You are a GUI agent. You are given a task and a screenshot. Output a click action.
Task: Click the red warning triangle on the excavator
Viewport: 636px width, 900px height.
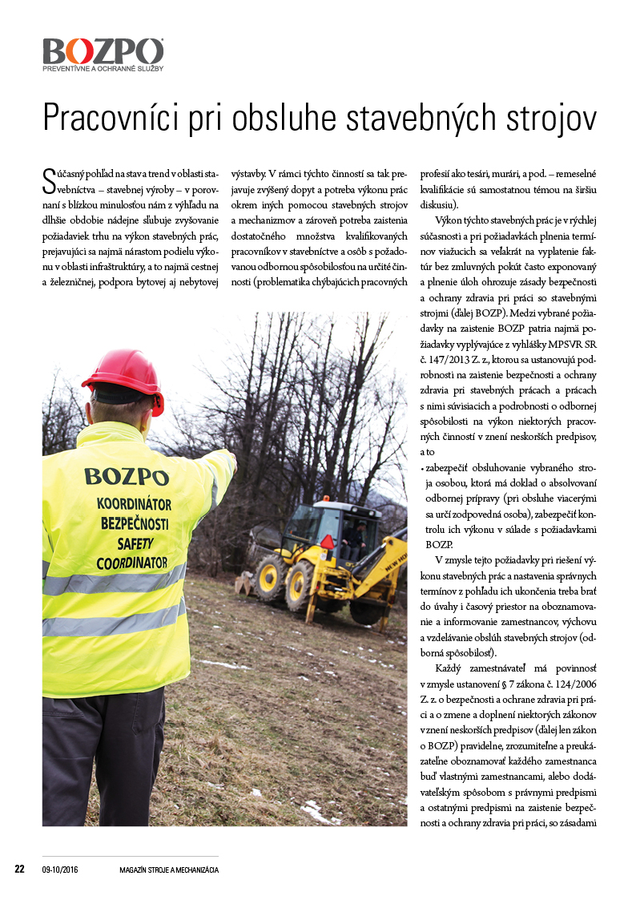pos(327,541)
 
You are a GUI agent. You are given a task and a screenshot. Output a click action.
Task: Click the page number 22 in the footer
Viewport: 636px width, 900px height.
pos(20,869)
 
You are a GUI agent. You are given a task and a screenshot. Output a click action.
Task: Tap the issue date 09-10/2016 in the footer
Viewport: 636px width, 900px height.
pos(60,870)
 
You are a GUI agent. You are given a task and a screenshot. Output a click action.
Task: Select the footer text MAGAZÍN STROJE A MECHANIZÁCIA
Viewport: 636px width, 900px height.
pos(168,870)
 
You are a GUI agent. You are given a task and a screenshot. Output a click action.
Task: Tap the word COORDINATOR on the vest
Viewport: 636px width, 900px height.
pos(131,563)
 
